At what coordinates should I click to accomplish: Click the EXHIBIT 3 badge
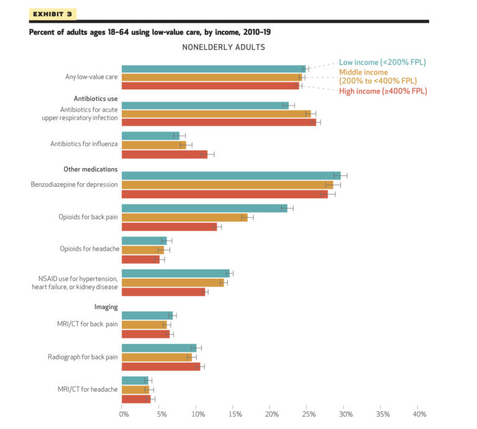coord(52,14)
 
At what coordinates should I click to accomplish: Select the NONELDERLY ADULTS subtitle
coord(224,47)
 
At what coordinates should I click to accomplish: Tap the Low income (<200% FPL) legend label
coord(382,62)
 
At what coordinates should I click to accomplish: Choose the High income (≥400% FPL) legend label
coord(383,91)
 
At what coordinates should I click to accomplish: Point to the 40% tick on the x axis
coord(419,413)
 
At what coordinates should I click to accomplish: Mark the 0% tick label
coord(124,413)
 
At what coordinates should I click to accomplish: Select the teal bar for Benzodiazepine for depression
coord(231,175)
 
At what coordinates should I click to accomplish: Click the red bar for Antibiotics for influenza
coord(165,154)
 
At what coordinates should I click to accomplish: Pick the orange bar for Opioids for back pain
coord(184,217)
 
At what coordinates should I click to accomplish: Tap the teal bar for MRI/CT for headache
coord(135,380)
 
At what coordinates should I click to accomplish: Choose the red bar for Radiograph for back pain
coord(161,367)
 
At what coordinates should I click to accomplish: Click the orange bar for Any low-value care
coord(211,78)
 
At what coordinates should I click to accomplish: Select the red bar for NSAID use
coord(163,292)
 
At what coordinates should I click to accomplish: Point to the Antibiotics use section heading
coord(96,99)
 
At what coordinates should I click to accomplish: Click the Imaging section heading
coord(106,307)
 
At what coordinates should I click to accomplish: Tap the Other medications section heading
coord(91,169)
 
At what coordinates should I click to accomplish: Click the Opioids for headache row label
coord(89,249)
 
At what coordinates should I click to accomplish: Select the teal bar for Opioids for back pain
coord(204,208)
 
